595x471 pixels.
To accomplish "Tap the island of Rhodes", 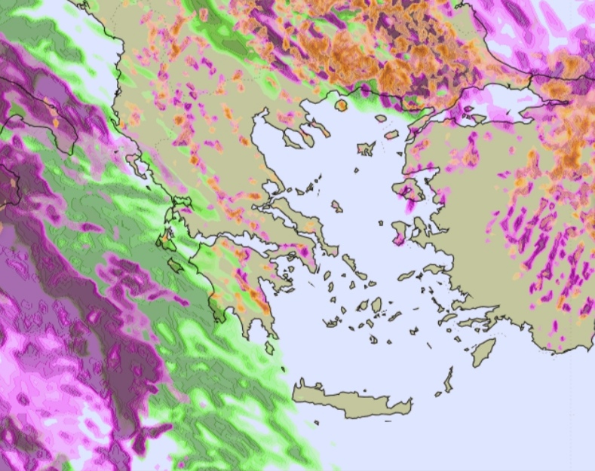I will [483, 351].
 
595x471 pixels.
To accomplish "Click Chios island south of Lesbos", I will [400, 230].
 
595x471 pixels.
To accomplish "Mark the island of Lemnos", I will [367, 148].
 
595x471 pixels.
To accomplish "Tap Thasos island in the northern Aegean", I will [341, 105].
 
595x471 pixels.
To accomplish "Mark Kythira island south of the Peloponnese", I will [270, 347].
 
